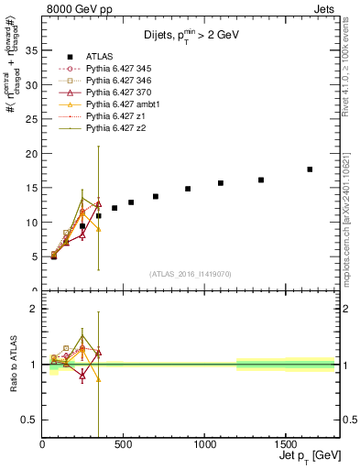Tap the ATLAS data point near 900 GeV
coord(188,189)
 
